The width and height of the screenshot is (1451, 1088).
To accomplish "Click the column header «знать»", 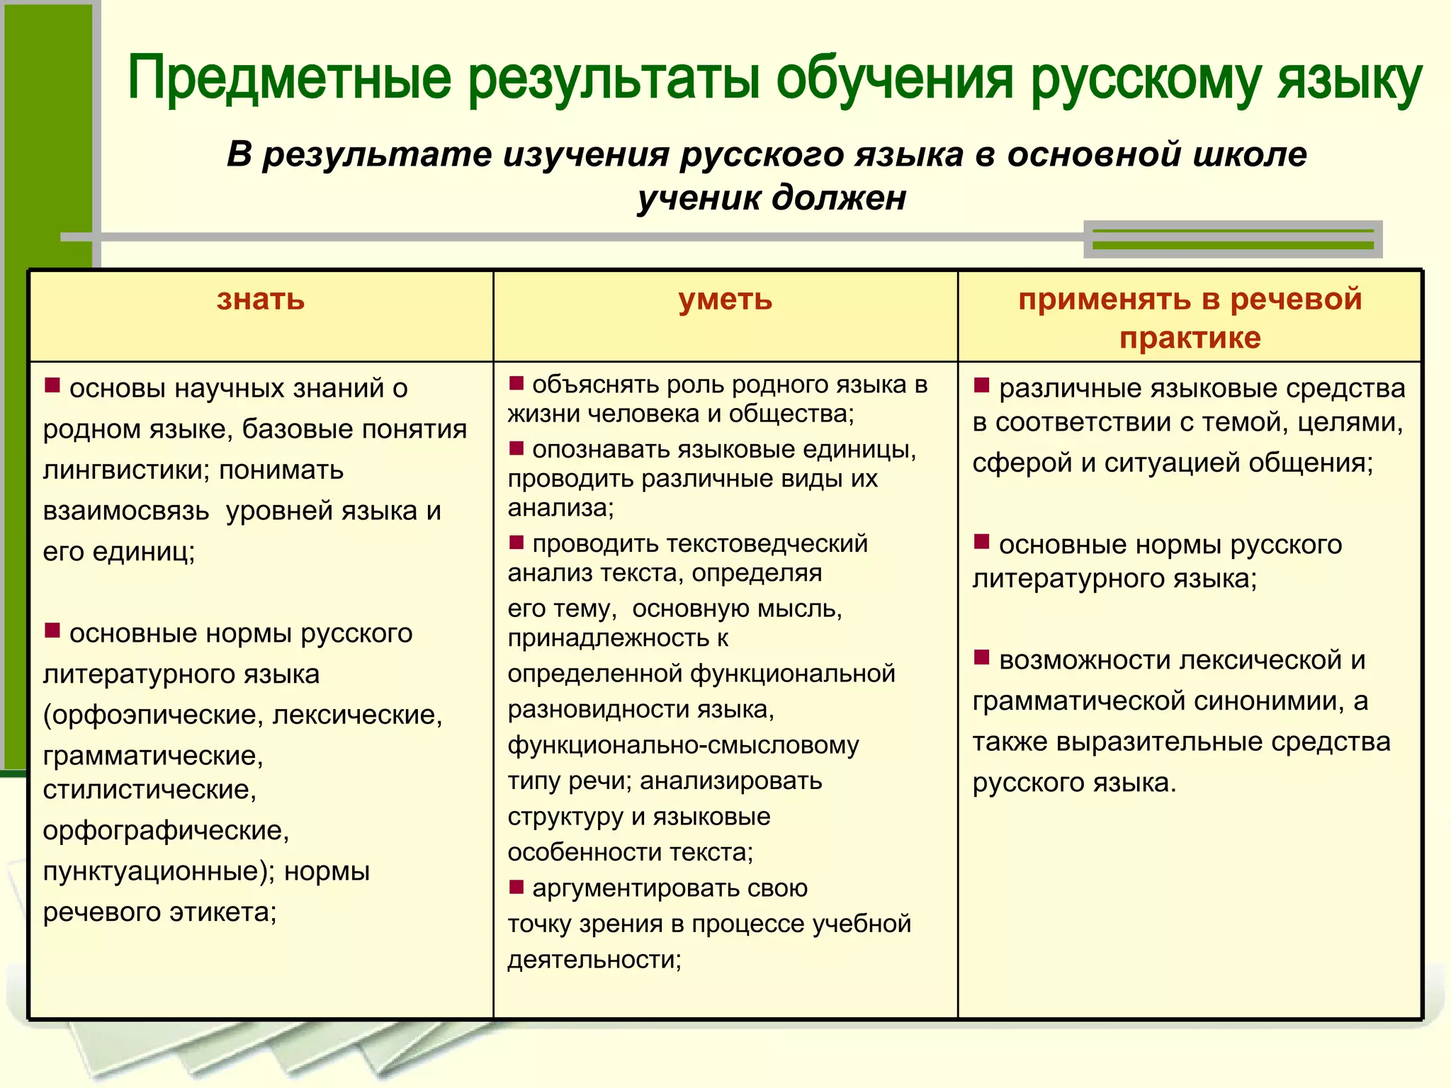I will (x=261, y=300).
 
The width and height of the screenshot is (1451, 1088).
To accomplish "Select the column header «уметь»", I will (x=725, y=300).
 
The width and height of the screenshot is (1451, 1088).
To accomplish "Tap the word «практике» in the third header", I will (x=1190, y=338).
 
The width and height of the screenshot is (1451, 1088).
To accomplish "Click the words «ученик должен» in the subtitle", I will (x=772, y=198).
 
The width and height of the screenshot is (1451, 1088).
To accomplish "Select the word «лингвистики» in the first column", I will (x=125, y=470).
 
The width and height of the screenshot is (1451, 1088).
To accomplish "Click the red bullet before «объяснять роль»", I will (x=516, y=383).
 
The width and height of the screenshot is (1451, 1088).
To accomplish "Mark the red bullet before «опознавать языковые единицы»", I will (x=516, y=448).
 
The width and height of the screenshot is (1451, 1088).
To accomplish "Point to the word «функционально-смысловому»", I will (x=683, y=746).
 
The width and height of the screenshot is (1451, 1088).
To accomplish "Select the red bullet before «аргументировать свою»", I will (x=516, y=887).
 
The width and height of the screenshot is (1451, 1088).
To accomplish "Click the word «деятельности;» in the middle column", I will (x=594, y=960).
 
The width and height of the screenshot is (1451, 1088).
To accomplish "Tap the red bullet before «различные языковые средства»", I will (x=981, y=385).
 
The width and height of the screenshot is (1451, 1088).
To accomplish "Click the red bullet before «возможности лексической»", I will (x=981, y=657).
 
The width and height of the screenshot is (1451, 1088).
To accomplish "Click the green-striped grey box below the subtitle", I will (x=1233, y=239).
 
